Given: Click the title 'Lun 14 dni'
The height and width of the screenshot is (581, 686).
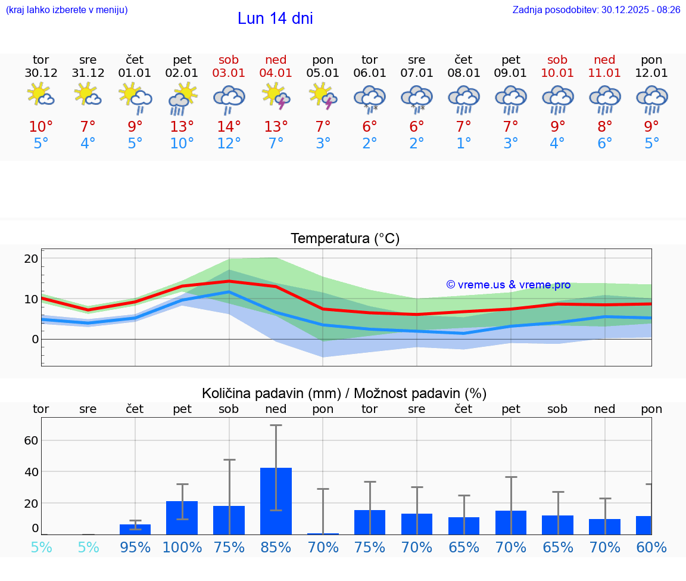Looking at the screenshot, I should coord(275,18).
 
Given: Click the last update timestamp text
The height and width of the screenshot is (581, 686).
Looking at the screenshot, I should coord(596,10).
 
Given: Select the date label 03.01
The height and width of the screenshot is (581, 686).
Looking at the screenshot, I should coord(229,73).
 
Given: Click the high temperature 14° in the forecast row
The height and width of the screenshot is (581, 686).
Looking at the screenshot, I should coord(229,126).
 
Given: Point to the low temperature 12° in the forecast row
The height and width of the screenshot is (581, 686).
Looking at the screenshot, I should coord(229,144).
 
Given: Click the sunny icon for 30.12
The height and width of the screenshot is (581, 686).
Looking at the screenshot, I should coord(40,95).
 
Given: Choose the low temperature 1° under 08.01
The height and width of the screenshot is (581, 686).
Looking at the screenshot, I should coord(464,144).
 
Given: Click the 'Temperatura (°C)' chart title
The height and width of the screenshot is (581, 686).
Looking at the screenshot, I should coord(345,239).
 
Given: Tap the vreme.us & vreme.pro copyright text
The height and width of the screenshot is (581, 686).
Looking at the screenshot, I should coord(509,285).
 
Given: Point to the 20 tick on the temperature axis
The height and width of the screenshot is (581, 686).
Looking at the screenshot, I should coord(31,259).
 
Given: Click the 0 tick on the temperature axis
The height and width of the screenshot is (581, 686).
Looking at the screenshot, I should coord(35,339).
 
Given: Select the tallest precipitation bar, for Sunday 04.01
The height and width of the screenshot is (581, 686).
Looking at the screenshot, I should coord(276,501).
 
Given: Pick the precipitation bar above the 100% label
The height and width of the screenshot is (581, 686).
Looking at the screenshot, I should coord(182,517).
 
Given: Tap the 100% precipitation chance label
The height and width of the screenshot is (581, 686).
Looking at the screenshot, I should coord(182,548).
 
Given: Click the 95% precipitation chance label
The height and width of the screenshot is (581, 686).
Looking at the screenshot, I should coord(135,548).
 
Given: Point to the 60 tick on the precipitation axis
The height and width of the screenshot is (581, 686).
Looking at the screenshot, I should coord(31,440).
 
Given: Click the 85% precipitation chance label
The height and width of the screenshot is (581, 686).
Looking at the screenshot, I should coord(276,548).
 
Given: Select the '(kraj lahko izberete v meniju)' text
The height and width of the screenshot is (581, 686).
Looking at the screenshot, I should coord(67,10).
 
